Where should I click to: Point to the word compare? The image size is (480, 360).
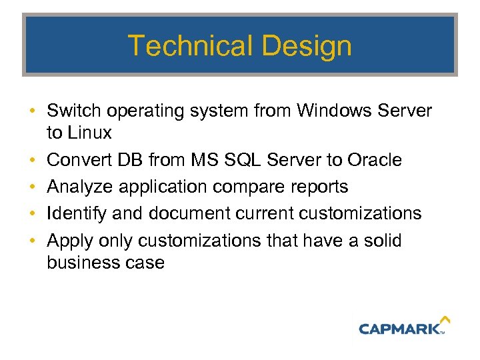pos(239,187)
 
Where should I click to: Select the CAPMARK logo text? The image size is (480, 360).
pos(400,328)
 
